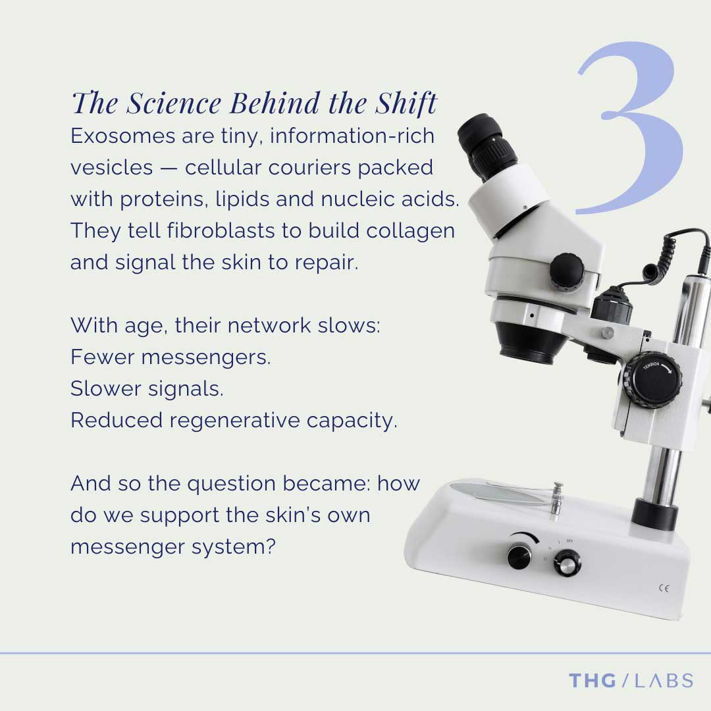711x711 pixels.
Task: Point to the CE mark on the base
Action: click(x=664, y=588)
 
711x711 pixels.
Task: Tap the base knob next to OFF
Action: click(x=566, y=563)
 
